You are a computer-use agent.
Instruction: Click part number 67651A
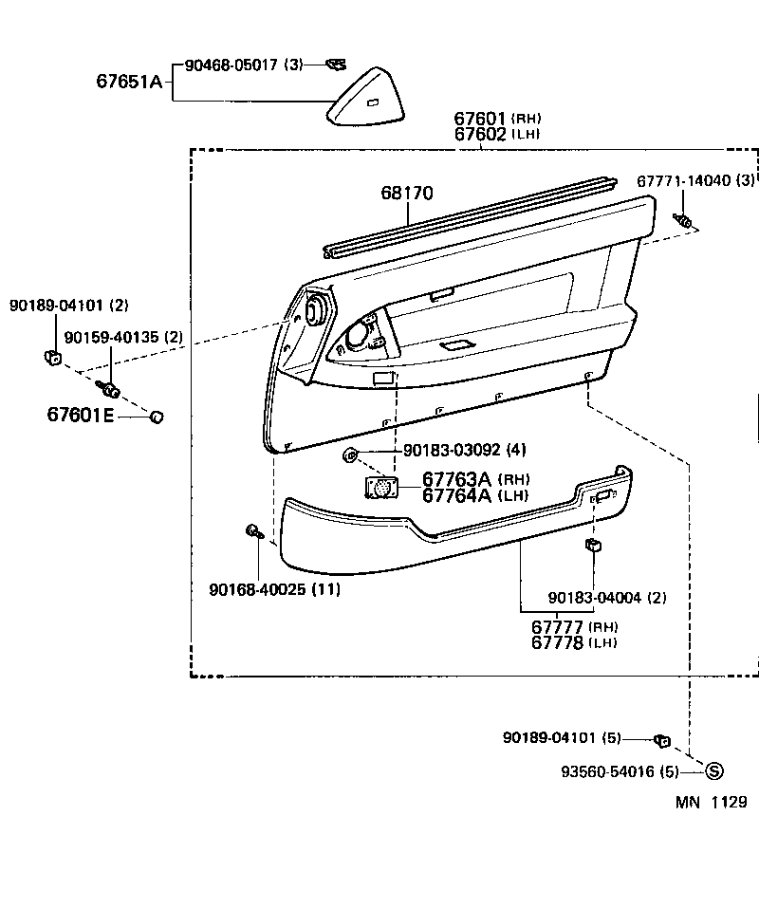128,82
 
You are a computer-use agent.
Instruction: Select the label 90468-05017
231,65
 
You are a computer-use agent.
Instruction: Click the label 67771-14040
682,180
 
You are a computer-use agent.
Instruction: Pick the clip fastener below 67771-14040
684,222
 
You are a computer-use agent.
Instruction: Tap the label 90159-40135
112,338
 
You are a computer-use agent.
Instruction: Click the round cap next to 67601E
157,416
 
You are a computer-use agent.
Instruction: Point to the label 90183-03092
452,450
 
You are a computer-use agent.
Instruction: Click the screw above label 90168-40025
253,531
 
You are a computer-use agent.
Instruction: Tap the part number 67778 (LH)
558,642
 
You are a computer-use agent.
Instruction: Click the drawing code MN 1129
711,803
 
